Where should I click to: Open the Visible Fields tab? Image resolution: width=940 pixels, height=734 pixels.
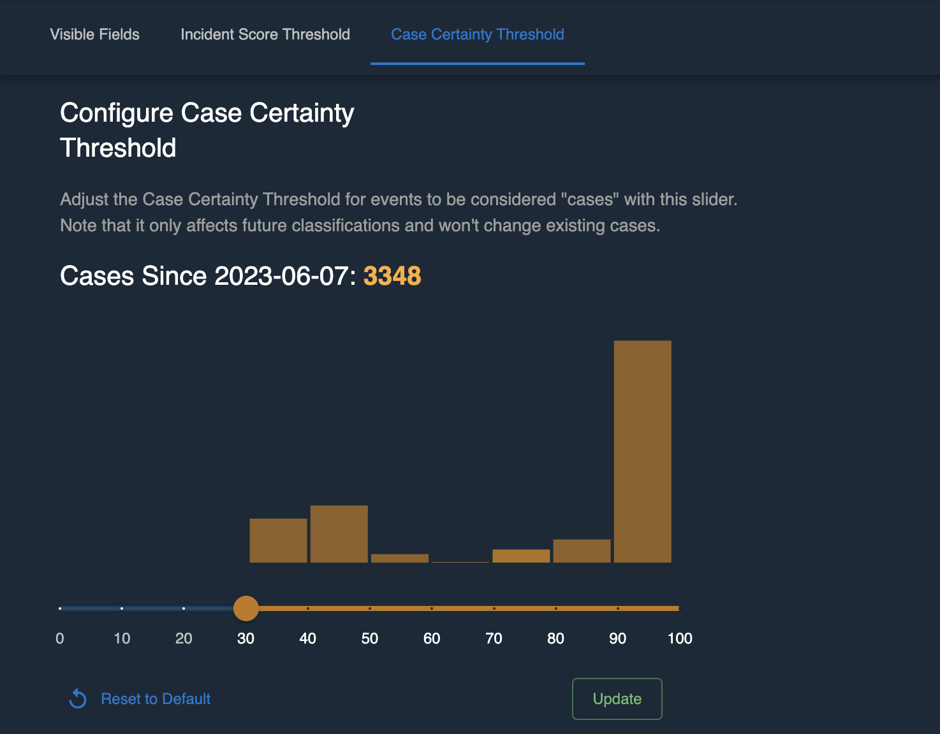tap(94, 34)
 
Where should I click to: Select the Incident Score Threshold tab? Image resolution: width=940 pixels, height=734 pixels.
tap(265, 34)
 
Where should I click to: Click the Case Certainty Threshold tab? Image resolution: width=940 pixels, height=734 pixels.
tap(477, 34)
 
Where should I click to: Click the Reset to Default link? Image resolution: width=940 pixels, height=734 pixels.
tap(156, 699)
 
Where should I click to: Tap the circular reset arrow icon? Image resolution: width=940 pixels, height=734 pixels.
tap(78, 699)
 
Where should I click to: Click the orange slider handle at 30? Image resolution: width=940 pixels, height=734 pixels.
tap(246, 608)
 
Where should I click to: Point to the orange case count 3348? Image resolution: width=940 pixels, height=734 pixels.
tap(392, 277)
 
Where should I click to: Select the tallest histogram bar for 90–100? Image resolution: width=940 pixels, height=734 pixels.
tap(642, 451)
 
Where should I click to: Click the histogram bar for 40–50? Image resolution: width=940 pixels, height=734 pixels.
tap(339, 534)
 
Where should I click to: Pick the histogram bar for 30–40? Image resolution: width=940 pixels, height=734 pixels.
tap(278, 540)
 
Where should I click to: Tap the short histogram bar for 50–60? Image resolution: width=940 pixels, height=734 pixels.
tap(400, 558)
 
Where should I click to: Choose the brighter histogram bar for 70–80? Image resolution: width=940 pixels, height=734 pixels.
tap(521, 556)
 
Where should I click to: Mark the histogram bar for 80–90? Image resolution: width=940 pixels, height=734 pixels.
tap(582, 551)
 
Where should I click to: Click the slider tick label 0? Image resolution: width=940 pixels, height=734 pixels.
tap(60, 638)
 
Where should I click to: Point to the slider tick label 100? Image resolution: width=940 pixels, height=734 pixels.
tap(680, 638)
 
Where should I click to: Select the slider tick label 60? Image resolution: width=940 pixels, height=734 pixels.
tap(432, 638)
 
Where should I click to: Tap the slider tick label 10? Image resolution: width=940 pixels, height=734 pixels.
tap(122, 638)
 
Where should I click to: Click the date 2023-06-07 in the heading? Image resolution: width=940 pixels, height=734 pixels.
tap(281, 277)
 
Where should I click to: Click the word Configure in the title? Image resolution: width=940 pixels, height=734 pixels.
tap(117, 113)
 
